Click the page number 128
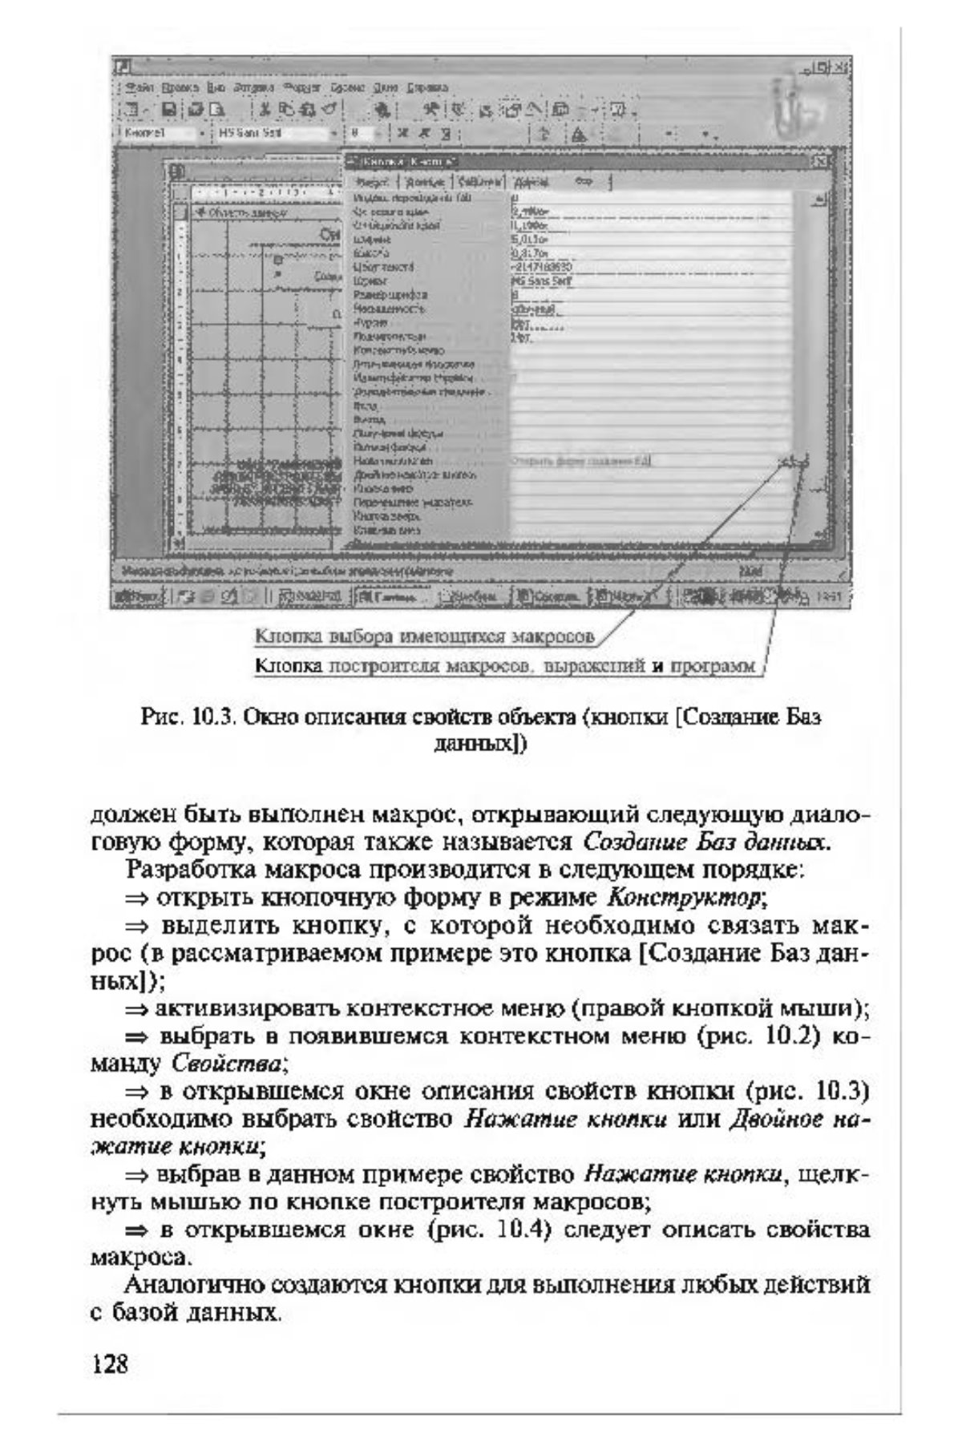point(111,1363)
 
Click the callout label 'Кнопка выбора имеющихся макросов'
point(425,637)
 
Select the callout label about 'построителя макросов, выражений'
point(505,666)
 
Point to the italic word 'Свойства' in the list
point(227,1064)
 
